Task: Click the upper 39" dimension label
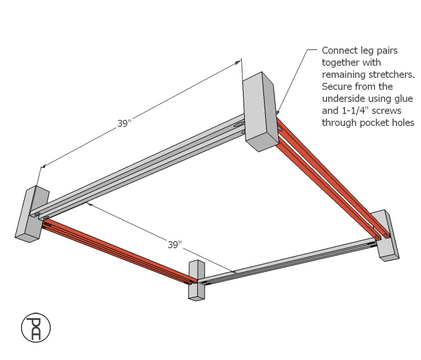[x=124, y=123]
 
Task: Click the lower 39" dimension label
[x=175, y=245]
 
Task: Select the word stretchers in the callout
[x=376, y=74]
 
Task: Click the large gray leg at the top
[x=259, y=111]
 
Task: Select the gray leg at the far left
[x=31, y=214]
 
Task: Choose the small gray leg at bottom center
[x=196, y=280]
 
